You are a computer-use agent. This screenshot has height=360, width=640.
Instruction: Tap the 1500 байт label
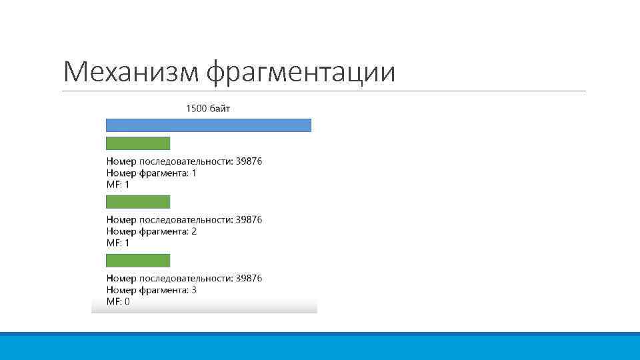tap(208, 108)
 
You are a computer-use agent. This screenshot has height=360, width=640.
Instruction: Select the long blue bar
tap(209, 125)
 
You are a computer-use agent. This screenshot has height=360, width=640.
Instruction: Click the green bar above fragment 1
tap(139, 143)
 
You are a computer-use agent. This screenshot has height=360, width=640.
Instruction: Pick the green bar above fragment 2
tap(139, 202)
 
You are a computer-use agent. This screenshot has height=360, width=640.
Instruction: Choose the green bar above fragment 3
tap(139, 261)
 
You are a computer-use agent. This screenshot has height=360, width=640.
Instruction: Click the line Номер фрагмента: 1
tap(151, 173)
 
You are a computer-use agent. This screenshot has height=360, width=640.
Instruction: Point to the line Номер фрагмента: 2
tap(151, 231)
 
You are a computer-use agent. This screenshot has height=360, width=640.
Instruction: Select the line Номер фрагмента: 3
tap(151, 290)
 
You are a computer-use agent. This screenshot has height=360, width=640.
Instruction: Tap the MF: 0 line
tap(118, 302)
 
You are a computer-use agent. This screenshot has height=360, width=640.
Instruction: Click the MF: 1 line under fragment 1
tap(118, 185)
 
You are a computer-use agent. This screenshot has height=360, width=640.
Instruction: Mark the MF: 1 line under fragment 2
tap(118, 243)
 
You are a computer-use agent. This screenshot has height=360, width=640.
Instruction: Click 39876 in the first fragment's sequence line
tap(249, 161)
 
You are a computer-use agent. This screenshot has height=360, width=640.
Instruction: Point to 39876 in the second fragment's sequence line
tap(249, 219)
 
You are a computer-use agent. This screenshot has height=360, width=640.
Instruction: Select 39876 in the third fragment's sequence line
tap(249, 278)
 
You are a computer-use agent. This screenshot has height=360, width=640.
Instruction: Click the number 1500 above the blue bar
tap(196, 108)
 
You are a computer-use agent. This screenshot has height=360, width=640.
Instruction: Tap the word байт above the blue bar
tap(220, 108)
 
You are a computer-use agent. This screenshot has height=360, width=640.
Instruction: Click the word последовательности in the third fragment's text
tap(185, 278)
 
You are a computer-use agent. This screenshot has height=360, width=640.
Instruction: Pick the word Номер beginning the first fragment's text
tap(121, 161)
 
